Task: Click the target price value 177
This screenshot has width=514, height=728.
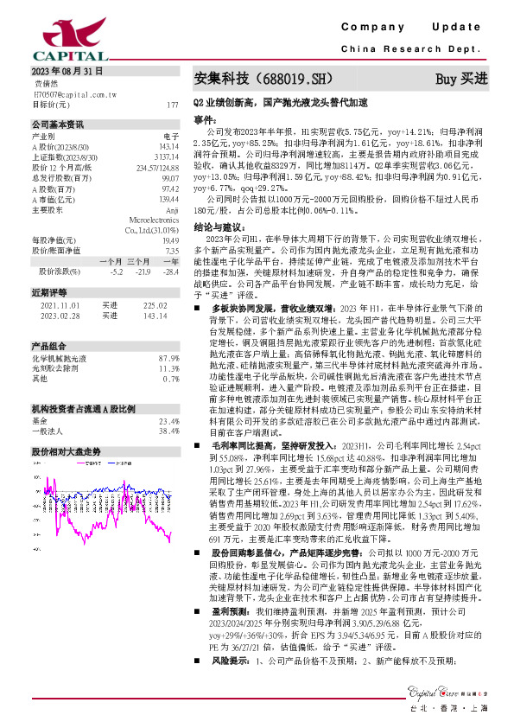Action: pyautogui.click(x=172, y=104)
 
